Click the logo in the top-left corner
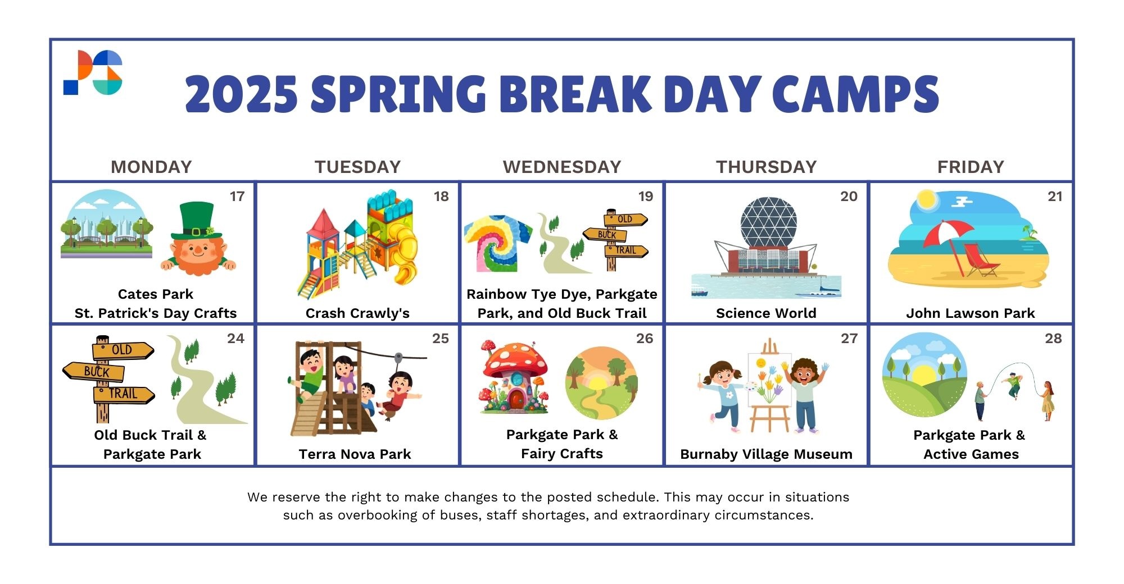pos(93,72)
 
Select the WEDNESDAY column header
pos(562,167)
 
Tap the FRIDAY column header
pos(971,167)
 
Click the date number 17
pos(237,197)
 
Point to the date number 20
pos(849,197)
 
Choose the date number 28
pos(1053,338)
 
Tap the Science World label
pos(766,313)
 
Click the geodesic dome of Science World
pos(768,222)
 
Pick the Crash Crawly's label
pos(357,313)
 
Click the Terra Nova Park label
pos(355,454)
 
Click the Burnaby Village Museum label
pos(766,454)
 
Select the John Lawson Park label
pos(971,313)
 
